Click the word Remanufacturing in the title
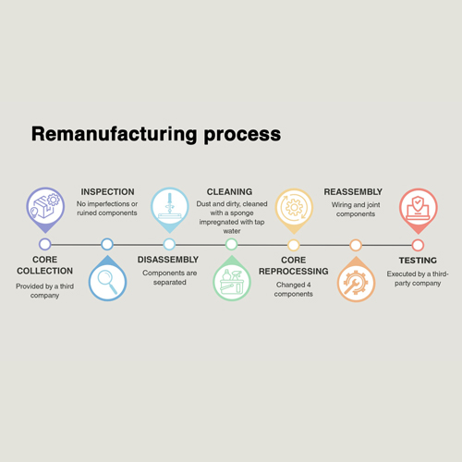point(114,134)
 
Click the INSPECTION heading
point(107,192)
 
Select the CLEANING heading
point(229,192)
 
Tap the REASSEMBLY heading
point(353,192)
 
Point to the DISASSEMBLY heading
point(168,260)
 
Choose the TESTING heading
point(418,261)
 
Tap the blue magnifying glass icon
point(107,278)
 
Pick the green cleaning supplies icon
point(232,278)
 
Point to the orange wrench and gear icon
point(356,279)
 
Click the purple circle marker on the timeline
point(45,244)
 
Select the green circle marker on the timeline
point(231,245)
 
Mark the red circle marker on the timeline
point(418,246)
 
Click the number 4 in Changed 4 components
point(309,285)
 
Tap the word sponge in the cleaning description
point(242,213)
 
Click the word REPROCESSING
point(294,272)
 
